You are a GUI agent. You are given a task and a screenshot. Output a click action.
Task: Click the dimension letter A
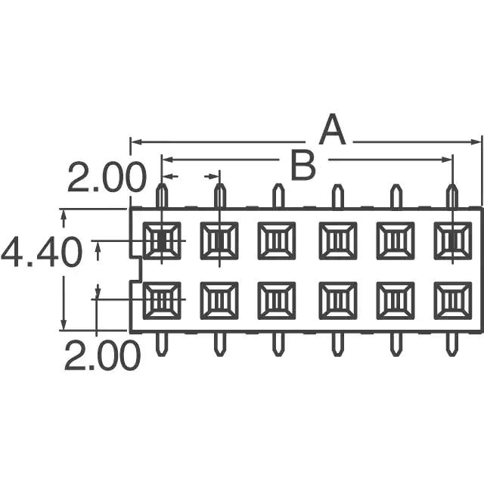point(332,129)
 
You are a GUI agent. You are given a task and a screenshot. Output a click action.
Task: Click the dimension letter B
point(303,166)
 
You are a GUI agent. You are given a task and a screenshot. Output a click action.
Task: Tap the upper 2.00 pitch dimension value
point(107,178)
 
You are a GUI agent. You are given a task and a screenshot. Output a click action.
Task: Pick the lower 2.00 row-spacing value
point(102,355)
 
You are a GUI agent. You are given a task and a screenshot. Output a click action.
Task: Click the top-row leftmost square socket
point(162,240)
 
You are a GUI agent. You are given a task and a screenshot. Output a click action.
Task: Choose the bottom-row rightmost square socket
point(453,300)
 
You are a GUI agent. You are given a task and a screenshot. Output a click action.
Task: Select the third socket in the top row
point(277,240)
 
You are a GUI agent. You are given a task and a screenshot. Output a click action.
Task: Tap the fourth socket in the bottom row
point(338,300)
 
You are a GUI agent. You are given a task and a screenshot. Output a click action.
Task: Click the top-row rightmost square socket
point(453,240)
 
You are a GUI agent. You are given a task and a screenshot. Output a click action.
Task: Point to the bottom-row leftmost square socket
point(162,300)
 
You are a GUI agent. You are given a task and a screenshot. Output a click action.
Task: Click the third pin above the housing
point(278,196)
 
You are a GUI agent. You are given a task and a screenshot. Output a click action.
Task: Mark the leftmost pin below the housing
point(162,345)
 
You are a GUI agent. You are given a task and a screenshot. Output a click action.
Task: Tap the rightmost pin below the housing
point(452,345)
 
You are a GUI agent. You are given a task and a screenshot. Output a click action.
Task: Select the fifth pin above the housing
point(396,196)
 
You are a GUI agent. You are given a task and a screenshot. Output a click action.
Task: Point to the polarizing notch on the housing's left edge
point(136,268)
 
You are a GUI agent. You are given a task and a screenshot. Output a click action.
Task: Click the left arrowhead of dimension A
point(136,142)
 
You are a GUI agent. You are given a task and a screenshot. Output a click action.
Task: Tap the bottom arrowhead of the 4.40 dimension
point(64,324)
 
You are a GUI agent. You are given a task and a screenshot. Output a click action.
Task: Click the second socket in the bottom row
point(219,300)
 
